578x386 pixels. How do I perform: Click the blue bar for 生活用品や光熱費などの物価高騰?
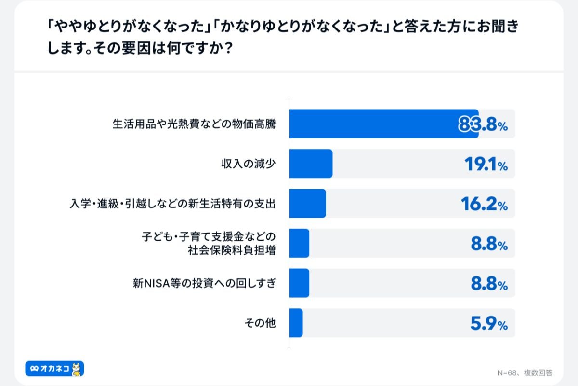click(383, 124)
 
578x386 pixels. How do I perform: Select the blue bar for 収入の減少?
click(311, 164)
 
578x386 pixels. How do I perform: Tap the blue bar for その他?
click(296, 323)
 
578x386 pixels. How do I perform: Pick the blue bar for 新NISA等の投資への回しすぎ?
click(299, 283)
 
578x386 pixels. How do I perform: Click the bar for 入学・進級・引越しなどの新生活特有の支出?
click(307, 204)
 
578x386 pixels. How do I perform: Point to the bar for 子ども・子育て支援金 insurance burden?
click(299, 243)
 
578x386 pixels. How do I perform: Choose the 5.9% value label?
click(488, 324)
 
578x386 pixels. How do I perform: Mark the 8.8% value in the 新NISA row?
click(488, 284)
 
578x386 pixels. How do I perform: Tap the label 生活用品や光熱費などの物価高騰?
click(194, 124)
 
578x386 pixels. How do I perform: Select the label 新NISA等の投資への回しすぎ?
click(204, 283)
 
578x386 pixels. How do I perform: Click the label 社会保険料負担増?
click(232, 250)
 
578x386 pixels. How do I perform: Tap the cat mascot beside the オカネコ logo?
click(77, 369)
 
